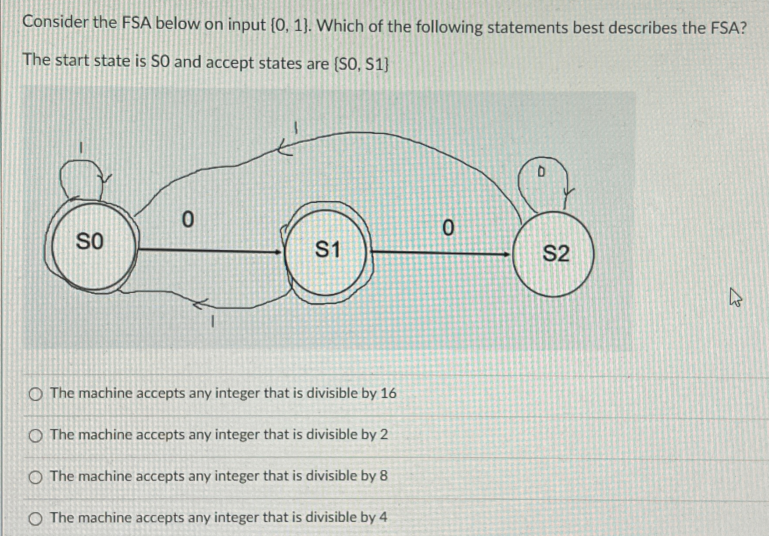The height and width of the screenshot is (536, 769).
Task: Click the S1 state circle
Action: [x=326, y=252]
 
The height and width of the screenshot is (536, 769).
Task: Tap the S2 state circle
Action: [x=554, y=254]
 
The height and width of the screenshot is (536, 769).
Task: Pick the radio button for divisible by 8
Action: [x=36, y=478]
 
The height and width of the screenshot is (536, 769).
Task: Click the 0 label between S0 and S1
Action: [x=187, y=219]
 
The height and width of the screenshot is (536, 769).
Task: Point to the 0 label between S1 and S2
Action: [x=447, y=228]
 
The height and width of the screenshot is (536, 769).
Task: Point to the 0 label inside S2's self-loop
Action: [x=541, y=173]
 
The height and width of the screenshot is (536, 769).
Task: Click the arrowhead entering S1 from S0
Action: [x=278, y=252]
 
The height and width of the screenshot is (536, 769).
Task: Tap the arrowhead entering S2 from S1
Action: [x=506, y=254]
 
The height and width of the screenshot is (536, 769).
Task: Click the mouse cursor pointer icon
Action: [x=735, y=297]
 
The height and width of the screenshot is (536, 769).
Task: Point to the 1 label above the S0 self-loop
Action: [x=80, y=148]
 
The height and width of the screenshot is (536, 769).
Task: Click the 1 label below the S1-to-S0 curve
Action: [x=212, y=323]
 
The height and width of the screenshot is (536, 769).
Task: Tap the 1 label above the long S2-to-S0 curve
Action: [x=296, y=128]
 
